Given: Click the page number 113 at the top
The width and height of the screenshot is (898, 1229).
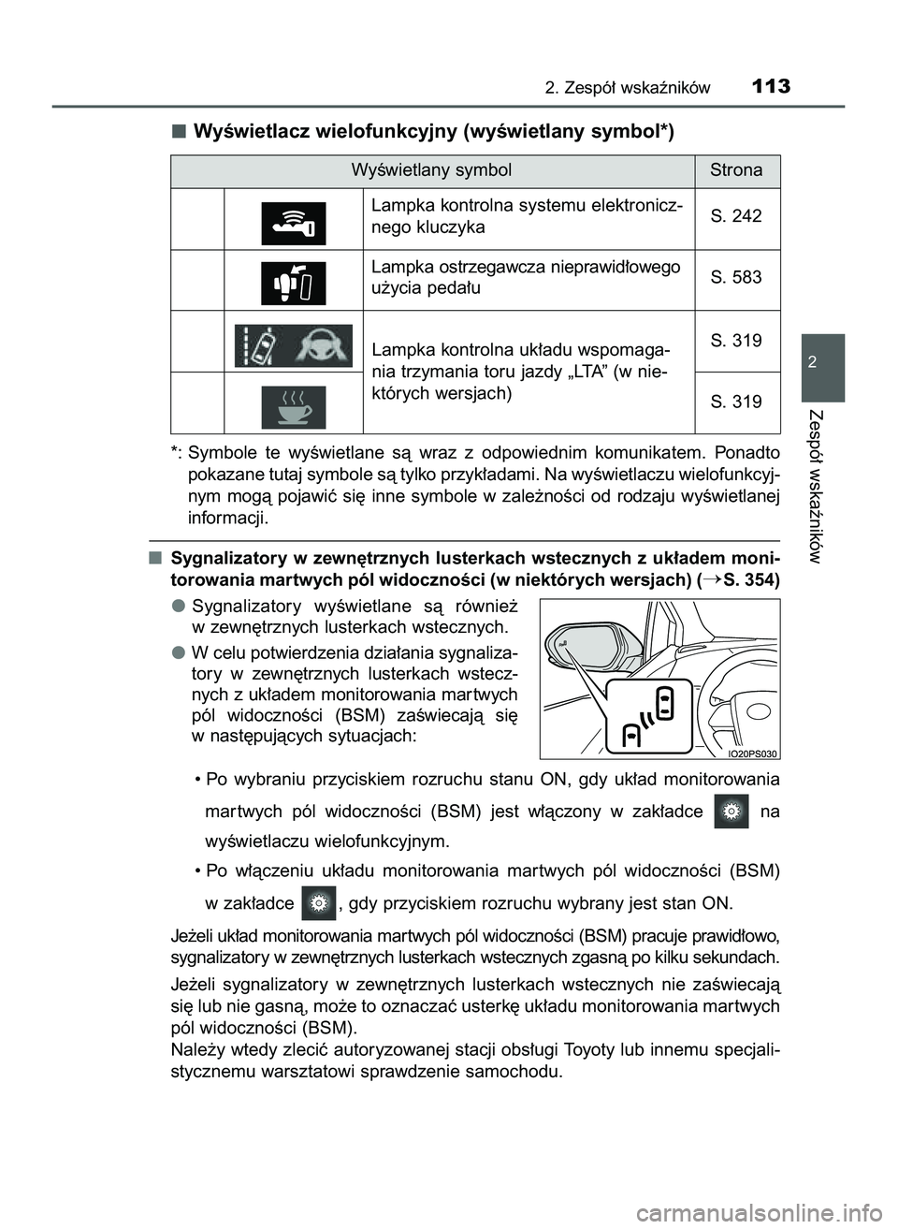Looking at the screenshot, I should coord(770,87).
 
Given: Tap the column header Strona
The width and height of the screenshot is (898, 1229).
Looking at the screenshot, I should coord(736,170).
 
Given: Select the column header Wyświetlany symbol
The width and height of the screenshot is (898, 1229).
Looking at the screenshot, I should coord(431,170).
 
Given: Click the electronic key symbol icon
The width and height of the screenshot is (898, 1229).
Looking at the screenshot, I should coord(293,223).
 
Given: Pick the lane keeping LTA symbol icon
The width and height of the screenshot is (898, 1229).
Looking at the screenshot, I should coord(293,345).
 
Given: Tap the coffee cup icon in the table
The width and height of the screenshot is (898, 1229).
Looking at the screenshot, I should coord(293,406).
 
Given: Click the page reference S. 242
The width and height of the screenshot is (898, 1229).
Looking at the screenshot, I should coord(736,216).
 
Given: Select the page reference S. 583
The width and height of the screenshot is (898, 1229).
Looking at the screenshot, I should coord(736,277).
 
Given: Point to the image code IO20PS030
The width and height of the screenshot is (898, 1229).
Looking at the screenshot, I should coord(753,753).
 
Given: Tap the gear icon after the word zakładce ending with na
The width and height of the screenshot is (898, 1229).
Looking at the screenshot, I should coord(731,812).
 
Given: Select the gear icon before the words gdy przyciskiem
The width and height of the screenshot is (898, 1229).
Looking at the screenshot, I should coord(319,903).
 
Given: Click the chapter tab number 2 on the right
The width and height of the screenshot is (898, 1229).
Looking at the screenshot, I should coord(822,363).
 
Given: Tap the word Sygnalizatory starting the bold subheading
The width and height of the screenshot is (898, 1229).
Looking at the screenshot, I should coord(229,559).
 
